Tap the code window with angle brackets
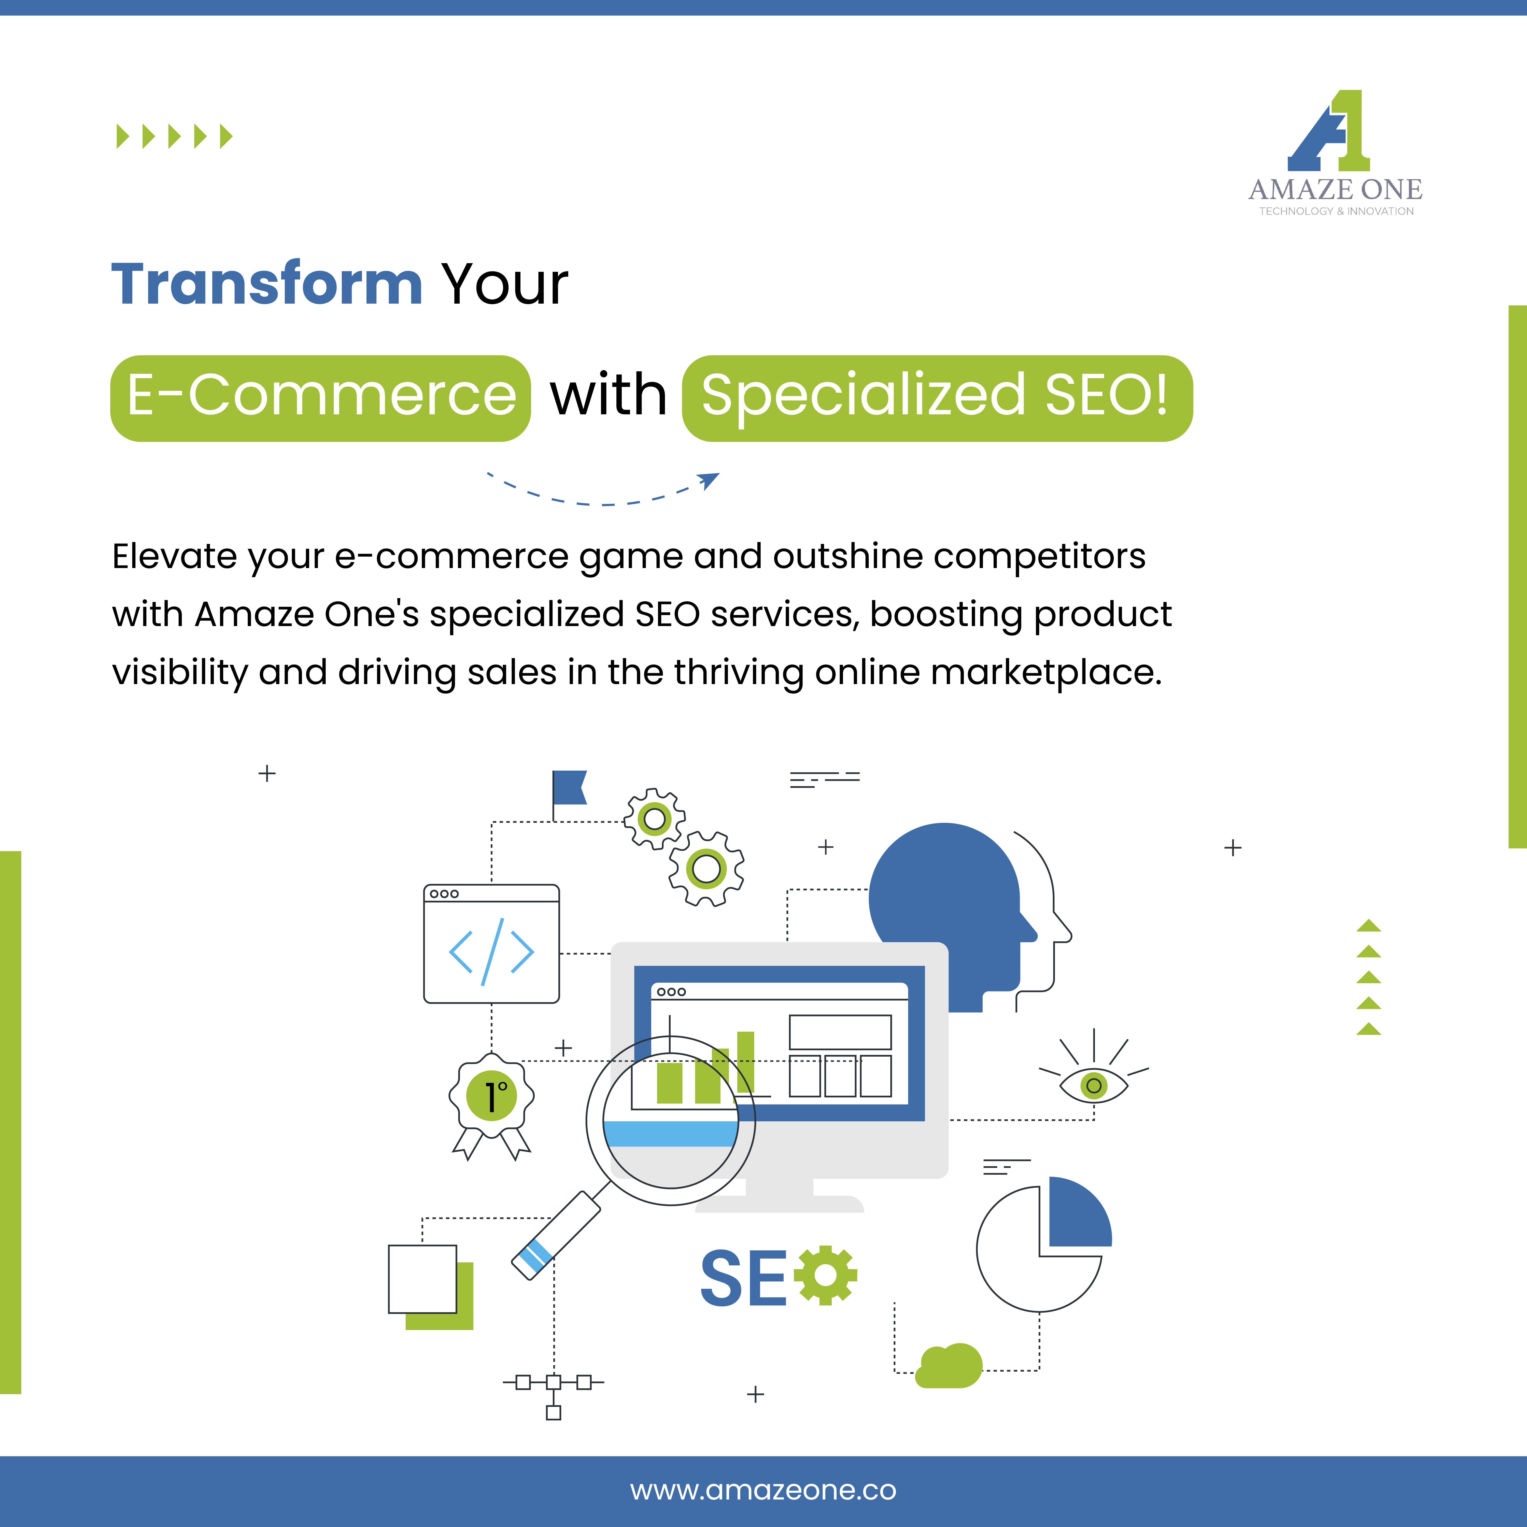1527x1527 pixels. click(492, 944)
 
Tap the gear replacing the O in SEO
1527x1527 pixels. click(825, 1276)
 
